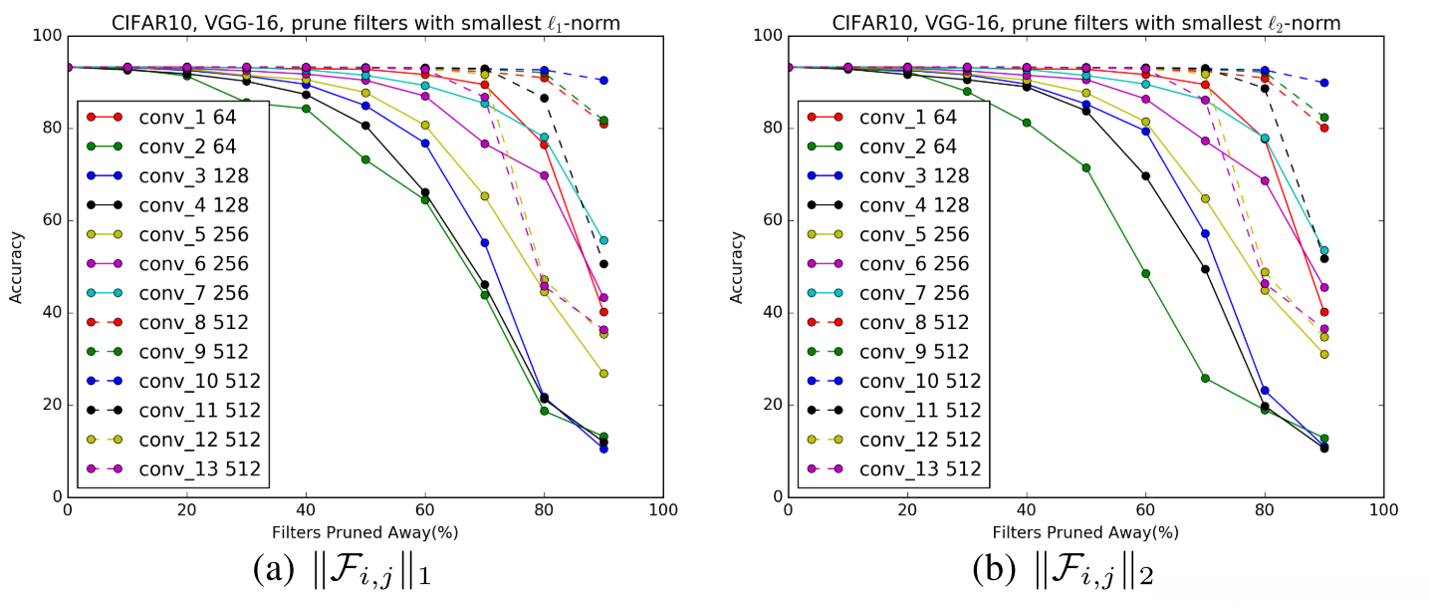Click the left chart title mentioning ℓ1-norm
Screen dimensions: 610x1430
(364, 18)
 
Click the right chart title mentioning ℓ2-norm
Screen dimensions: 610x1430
(1085, 18)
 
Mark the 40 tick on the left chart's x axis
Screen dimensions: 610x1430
(306, 510)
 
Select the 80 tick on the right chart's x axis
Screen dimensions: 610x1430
(1265, 510)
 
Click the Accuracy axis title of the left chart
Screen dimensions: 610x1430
(16, 266)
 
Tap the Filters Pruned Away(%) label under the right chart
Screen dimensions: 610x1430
(1085, 531)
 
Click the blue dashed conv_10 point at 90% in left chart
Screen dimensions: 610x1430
(604, 80)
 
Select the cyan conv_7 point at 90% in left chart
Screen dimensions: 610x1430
(604, 240)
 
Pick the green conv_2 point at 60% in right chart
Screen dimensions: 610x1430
(1146, 273)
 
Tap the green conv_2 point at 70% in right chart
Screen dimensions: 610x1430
(1206, 378)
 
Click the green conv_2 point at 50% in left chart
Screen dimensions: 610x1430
(365, 159)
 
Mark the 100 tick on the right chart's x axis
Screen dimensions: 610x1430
(1383, 510)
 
